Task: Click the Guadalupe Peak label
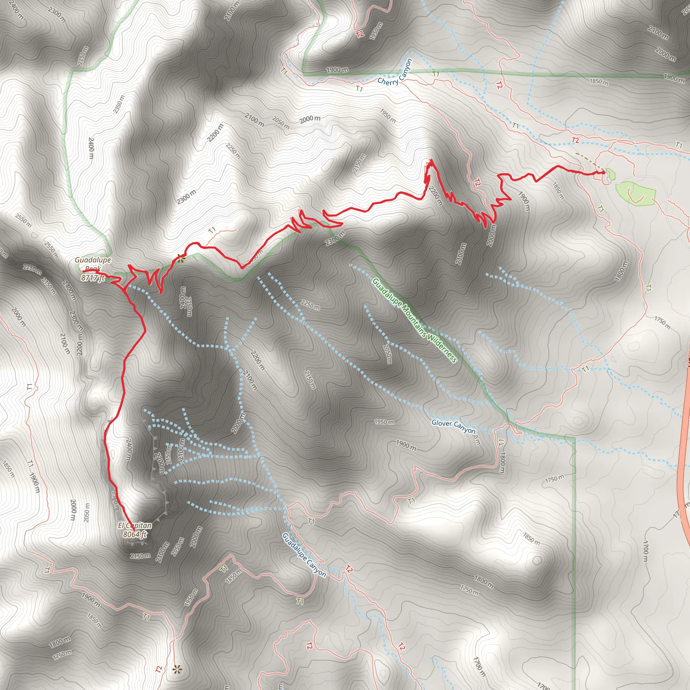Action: pyautogui.click(x=93, y=264)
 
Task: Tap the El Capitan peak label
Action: pyautogui.click(x=135, y=525)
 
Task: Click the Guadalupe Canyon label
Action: pyautogui.click(x=304, y=555)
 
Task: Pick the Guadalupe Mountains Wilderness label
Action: pyautogui.click(x=414, y=320)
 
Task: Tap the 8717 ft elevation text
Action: pyautogui.click(x=93, y=278)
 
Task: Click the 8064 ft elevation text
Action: pyautogui.click(x=135, y=534)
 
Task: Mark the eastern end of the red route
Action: pyautogui.click(x=603, y=172)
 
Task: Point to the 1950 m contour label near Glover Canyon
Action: pyautogui.click(x=384, y=422)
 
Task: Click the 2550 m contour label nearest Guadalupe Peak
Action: pyautogui.click(x=51, y=250)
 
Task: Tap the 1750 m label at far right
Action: pyautogui.click(x=662, y=322)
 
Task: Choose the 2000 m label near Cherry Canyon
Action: pyautogui.click(x=310, y=119)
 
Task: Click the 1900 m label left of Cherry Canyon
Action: pyautogui.click(x=337, y=70)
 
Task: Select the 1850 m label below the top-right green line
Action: pyautogui.click(x=599, y=82)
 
